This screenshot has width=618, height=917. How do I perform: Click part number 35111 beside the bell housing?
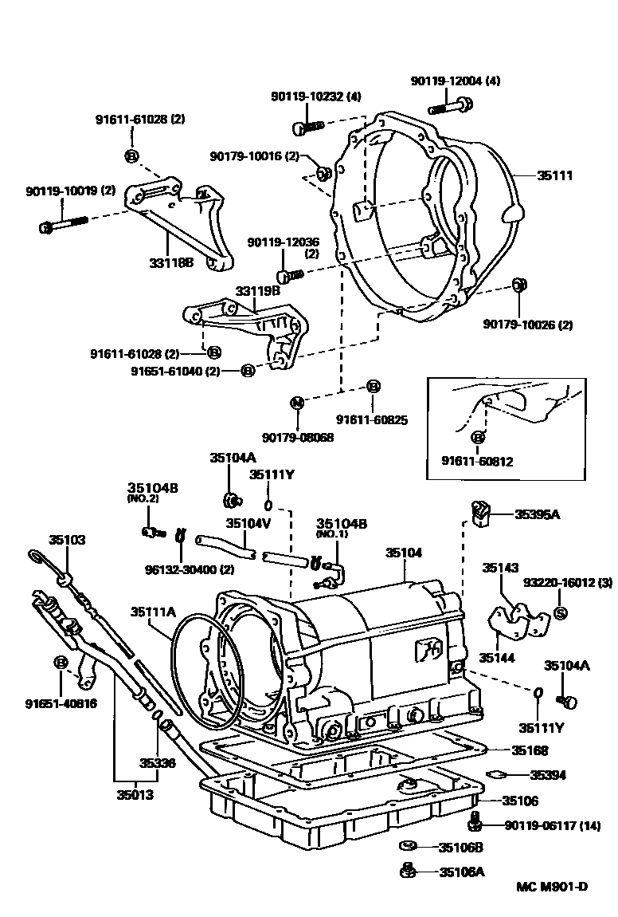point(556,175)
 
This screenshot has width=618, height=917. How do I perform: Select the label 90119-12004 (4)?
point(456,81)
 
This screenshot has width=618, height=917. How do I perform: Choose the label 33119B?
point(257,292)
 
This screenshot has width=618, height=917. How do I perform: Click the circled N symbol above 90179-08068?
point(296,403)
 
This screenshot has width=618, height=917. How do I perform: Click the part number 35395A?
point(536,514)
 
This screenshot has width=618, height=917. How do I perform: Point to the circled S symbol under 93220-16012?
point(559,612)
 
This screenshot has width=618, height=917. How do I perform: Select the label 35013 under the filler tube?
point(135,794)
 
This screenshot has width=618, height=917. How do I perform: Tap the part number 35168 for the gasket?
point(530,750)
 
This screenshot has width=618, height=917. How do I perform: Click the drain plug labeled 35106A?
point(405,871)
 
